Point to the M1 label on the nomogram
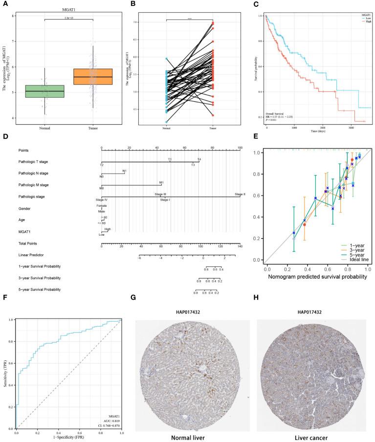click(x=161, y=182)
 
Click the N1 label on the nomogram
click(x=125, y=171)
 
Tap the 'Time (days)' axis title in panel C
click(x=316, y=132)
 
